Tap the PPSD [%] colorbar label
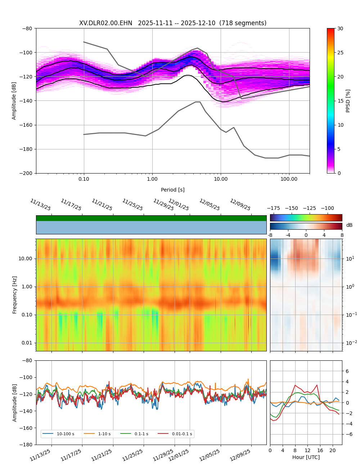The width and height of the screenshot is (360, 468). click(348, 101)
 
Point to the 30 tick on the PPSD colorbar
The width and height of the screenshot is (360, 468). click(340, 28)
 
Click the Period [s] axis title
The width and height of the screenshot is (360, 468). click(172, 190)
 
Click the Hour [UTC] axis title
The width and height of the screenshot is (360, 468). click(306, 457)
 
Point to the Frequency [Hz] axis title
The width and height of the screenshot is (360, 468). click(15, 295)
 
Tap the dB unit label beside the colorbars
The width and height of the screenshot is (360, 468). click(349, 225)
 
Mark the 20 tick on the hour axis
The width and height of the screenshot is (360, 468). click(332, 450)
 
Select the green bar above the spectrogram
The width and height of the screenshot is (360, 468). click(151, 218)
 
